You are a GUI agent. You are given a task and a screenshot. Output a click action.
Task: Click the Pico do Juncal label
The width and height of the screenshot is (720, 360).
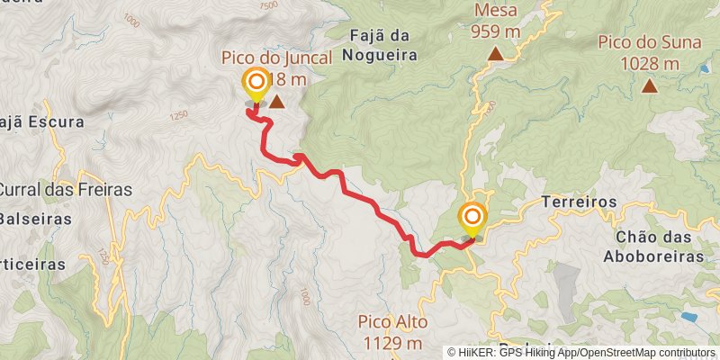click(276, 58)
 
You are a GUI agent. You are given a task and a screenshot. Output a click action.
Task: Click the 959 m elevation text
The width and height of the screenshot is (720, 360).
click(495, 31)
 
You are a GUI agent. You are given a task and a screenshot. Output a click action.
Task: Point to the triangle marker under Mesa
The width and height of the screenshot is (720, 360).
click(495, 54)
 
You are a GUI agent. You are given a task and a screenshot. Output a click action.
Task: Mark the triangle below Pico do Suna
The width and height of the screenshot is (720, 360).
click(649, 85)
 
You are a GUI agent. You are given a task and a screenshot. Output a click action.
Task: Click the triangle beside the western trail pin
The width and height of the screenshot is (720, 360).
click(277, 103)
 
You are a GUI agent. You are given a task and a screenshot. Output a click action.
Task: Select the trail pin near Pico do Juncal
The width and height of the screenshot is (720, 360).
click(256, 85)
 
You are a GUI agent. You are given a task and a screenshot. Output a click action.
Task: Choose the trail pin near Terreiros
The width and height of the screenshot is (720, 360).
click(472, 219)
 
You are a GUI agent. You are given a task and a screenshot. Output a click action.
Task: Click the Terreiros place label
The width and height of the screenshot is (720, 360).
click(579, 202)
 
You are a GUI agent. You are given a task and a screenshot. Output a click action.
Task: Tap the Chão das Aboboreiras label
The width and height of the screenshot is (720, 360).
click(660, 247)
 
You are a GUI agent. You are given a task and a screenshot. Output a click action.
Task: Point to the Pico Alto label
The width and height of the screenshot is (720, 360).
click(391, 322)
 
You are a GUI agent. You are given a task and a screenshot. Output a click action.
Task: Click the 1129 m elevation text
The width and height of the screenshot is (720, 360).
click(391, 342)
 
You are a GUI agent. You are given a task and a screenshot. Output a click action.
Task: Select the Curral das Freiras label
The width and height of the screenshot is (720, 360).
click(65, 190)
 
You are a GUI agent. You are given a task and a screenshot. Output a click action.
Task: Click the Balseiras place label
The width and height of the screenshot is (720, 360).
click(34, 219)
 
